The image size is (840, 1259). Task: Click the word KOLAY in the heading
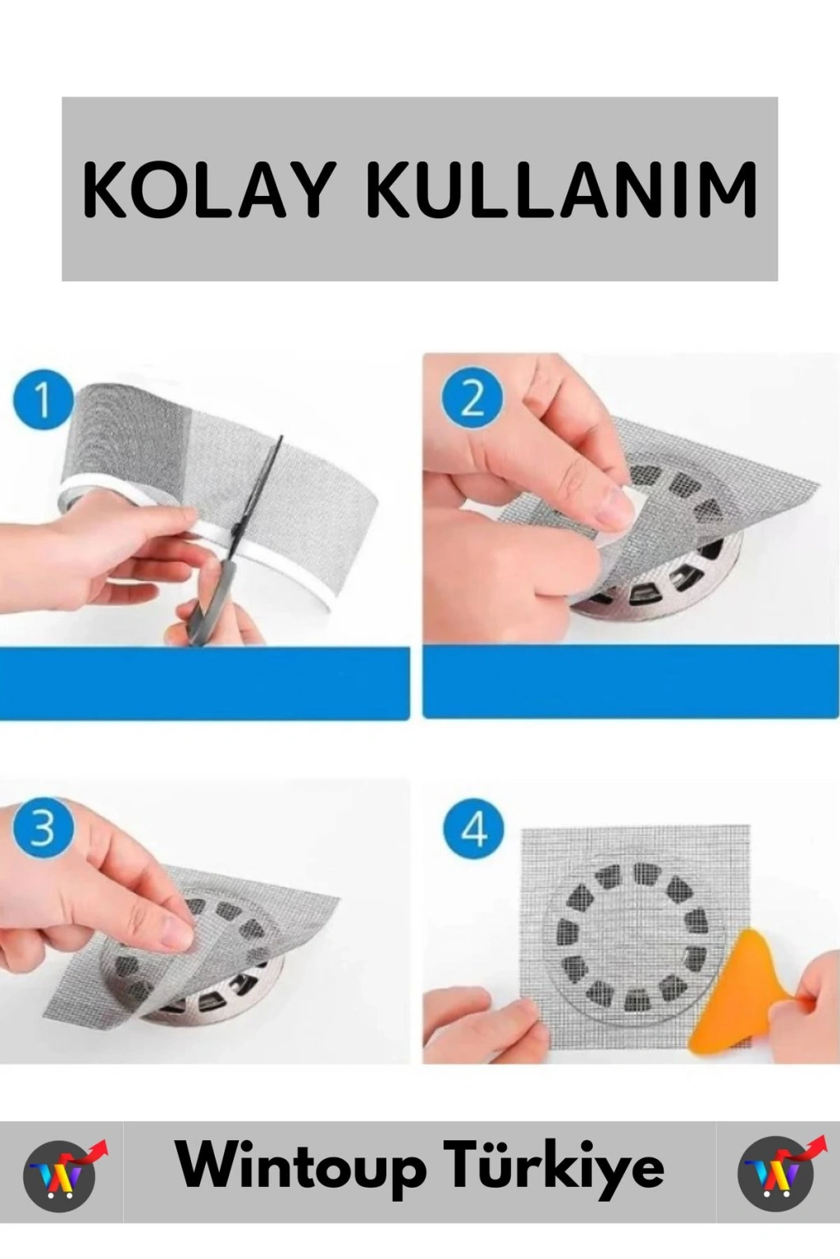tap(206, 189)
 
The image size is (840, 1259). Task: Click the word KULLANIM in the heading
tap(561, 189)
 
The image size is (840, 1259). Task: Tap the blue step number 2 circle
tap(472, 401)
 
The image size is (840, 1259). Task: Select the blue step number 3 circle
tap(43, 829)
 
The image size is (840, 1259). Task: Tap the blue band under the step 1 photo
tap(205, 682)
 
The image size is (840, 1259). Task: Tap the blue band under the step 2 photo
tap(630, 681)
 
